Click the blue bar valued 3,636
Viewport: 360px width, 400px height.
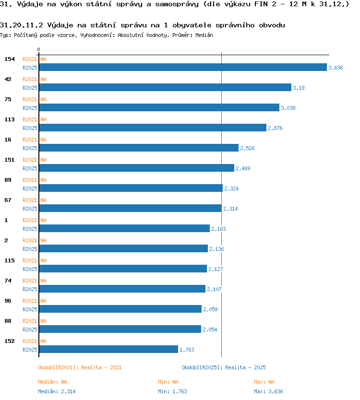click(x=183, y=67)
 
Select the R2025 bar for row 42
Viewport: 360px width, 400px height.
click(x=165, y=87)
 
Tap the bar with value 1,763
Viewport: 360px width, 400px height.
click(x=108, y=350)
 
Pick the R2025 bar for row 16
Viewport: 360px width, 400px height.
click(x=139, y=148)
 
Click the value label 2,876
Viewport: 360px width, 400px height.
click(x=275, y=128)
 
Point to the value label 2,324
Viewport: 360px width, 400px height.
click(x=231, y=188)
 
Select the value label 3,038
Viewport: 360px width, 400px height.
click(x=288, y=108)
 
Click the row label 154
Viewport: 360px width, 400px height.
click(x=10, y=59)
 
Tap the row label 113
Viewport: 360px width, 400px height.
click(x=10, y=119)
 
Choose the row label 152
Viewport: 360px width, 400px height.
click(x=10, y=341)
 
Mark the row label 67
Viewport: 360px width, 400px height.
click(x=8, y=200)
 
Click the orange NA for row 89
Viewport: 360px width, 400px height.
click(x=43, y=180)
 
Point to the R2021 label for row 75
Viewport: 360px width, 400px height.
click(x=30, y=99)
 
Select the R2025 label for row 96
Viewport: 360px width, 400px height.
click(x=30, y=309)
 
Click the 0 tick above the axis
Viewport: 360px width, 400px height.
click(x=38, y=49)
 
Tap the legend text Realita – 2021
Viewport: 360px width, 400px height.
click(x=101, y=367)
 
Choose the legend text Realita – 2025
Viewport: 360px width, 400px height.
click(x=245, y=367)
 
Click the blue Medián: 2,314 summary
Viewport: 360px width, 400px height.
click(x=57, y=391)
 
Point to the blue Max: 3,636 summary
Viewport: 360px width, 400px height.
click(x=269, y=391)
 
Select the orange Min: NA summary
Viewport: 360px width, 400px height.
click(x=168, y=382)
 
